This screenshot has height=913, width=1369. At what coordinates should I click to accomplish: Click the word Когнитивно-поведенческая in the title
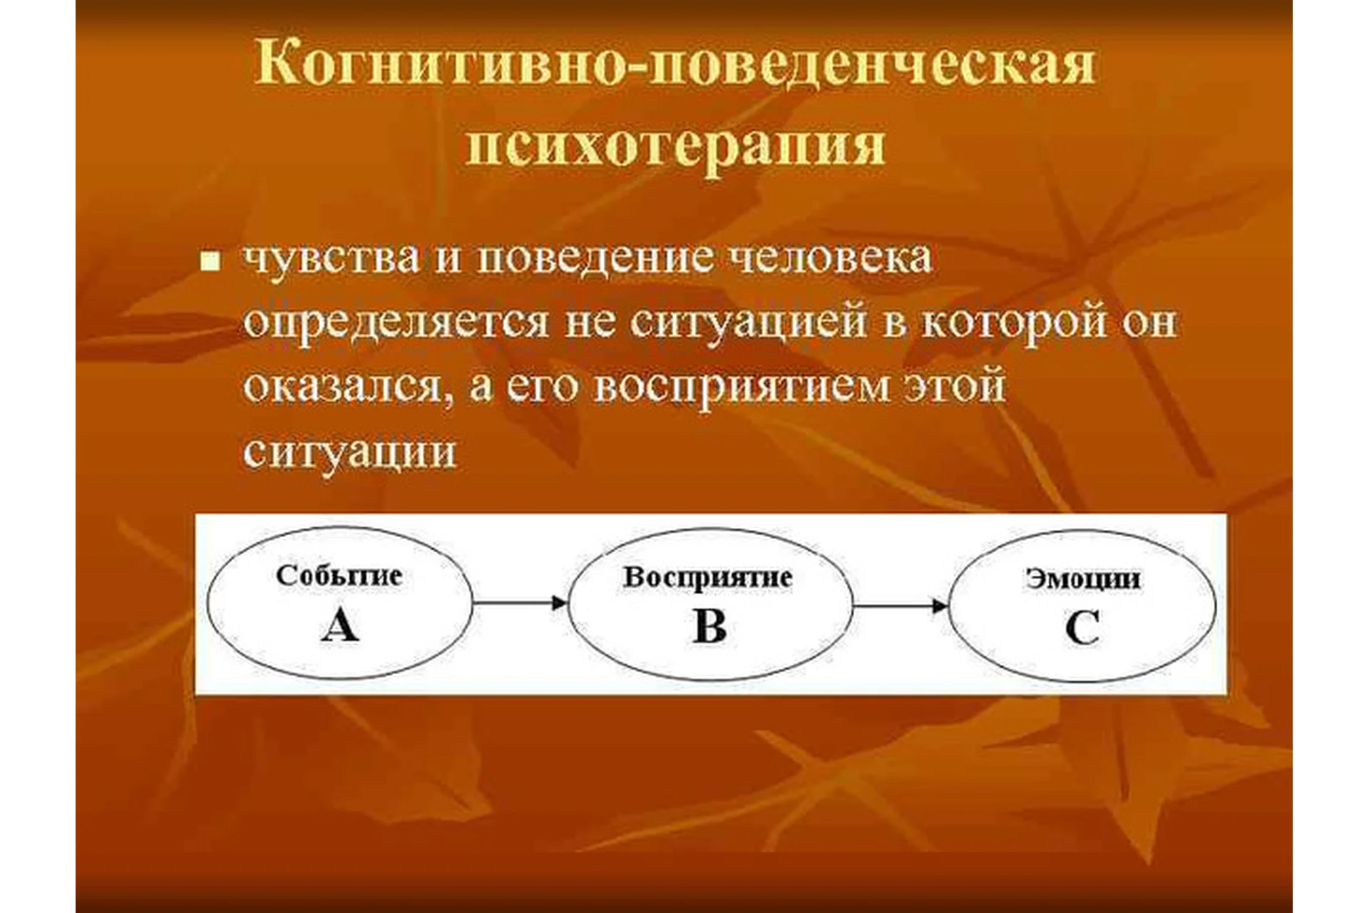pos(674,64)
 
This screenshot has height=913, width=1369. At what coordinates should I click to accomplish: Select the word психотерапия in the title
pos(674,146)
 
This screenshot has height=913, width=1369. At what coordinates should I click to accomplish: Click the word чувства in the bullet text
pos(332,258)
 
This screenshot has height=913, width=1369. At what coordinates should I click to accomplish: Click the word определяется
pos(396,323)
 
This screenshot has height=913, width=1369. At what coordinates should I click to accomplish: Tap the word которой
pos(1014,323)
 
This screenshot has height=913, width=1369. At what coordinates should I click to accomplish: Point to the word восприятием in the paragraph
pos(742,387)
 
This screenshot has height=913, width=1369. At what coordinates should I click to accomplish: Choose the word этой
pos(955,387)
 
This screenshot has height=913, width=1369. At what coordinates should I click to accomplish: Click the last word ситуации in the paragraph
pos(349,452)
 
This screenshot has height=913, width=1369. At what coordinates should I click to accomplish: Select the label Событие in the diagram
pos(339,576)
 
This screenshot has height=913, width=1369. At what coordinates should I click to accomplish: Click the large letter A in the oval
pos(339,627)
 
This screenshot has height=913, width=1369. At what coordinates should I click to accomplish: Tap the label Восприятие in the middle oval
pos(707,577)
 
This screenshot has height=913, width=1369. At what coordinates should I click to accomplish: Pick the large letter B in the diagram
pos(709,627)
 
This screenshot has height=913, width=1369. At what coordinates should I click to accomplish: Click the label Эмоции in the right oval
pos(1082,578)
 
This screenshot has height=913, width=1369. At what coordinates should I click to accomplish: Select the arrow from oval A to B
pos(520,603)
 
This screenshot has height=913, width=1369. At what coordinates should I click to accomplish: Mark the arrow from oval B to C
pos(901,606)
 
